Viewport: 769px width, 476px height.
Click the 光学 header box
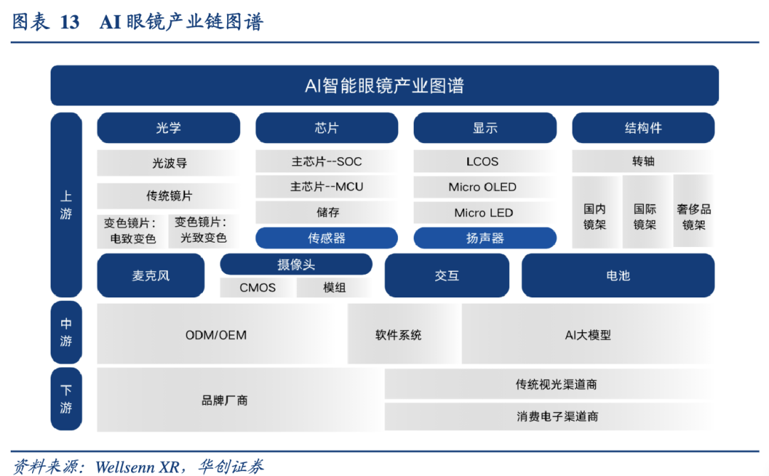pyautogui.click(x=168, y=128)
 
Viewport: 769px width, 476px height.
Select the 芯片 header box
pyautogui.click(x=327, y=128)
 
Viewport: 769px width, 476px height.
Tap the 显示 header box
pyautogui.click(x=485, y=128)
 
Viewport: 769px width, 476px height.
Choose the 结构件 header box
pyautogui.click(x=643, y=128)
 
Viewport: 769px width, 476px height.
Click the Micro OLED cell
pyautogui.click(x=483, y=187)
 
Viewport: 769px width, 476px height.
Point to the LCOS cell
pyautogui.click(x=483, y=162)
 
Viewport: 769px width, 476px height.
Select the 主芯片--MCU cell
pyautogui.click(x=327, y=187)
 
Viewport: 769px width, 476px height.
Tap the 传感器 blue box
pyautogui.click(x=327, y=238)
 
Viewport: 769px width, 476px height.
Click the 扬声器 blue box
pyautogui.click(x=485, y=238)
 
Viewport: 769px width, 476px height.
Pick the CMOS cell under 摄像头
pyautogui.click(x=258, y=287)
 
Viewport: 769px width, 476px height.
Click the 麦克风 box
pyautogui.click(x=150, y=275)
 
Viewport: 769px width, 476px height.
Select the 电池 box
pyautogui.click(x=618, y=275)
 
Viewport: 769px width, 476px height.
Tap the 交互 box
pyautogui.click(x=446, y=275)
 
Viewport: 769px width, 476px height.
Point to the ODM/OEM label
pyautogui.click(x=216, y=335)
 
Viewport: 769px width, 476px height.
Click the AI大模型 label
pyautogui.click(x=588, y=335)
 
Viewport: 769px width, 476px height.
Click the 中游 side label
pyautogui.click(x=66, y=332)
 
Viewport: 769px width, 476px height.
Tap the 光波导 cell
pyautogui.click(x=169, y=163)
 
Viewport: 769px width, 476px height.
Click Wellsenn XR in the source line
pyautogui.click(x=138, y=467)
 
